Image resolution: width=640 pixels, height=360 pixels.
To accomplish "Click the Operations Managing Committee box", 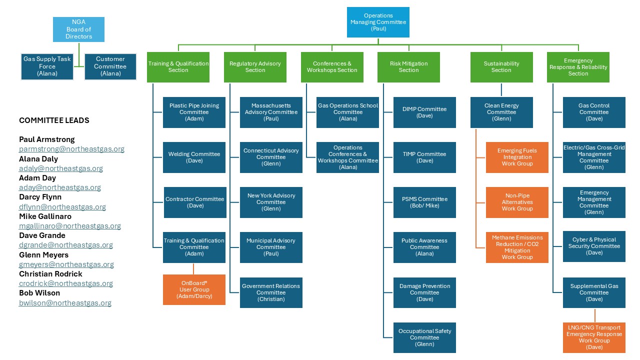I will pyautogui.click(x=378, y=22).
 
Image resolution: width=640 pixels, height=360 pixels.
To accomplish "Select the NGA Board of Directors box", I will pyautogui.click(x=78, y=29).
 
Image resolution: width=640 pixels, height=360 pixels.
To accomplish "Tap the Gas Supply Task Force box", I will pyautogui.click(x=47, y=66).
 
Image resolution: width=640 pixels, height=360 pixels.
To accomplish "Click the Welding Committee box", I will pyautogui.click(x=194, y=157).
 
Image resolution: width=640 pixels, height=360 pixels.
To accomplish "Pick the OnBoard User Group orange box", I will pyautogui.click(x=194, y=289).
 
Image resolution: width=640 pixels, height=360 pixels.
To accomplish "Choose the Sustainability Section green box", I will pyautogui.click(x=501, y=67).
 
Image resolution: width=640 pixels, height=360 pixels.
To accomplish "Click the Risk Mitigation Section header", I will pyautogui.click(x=408, y=67).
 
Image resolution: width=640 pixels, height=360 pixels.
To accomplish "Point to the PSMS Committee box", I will pyautogui.click(x=424, y=202).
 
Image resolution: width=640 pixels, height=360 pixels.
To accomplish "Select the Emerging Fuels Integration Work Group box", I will pyautogui.click(x=517, y=157).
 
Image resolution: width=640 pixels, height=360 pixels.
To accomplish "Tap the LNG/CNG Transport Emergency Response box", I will pyautogui.click(x=594, y=337).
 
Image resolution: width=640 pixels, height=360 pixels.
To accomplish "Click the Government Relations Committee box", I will pyautogui.click(x=271, y=292).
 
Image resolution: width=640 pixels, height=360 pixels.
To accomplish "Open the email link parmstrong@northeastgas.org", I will pyautogui.click(x=71, y=149).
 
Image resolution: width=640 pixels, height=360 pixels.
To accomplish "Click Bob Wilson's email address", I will pyautogui.click(x=65, y=303).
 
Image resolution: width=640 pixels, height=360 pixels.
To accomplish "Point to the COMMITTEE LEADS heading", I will pyautogui.click(x=54, y=120).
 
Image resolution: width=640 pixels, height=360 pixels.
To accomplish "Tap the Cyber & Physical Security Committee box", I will pyautogui.click(x=594, y=246).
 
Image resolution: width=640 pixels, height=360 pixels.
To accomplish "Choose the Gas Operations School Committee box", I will pyautogui.click(x=347, y=112).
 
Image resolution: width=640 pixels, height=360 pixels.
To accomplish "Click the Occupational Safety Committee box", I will pyautogui.click(x=424, y=337).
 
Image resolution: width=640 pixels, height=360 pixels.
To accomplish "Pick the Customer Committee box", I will pyautogui.click(x=110, y=66).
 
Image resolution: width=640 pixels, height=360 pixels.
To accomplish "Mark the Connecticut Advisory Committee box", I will pyautogui.click(x=271, y=157).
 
